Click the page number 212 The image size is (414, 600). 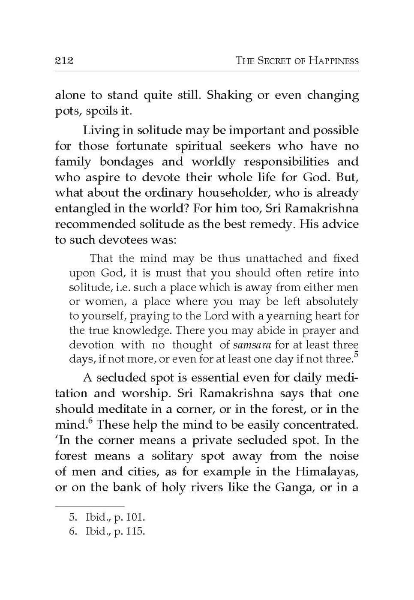(64, 60)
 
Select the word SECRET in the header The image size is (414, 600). (274, 61)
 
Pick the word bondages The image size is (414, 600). (126, 162)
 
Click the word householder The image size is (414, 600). (234, 193)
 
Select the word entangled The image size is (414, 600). (83, 209)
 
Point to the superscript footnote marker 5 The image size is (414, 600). (356, 354)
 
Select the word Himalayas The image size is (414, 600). (327, 472)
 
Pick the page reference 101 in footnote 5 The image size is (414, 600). (135, 517)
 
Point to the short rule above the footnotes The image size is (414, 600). (90, 507)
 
